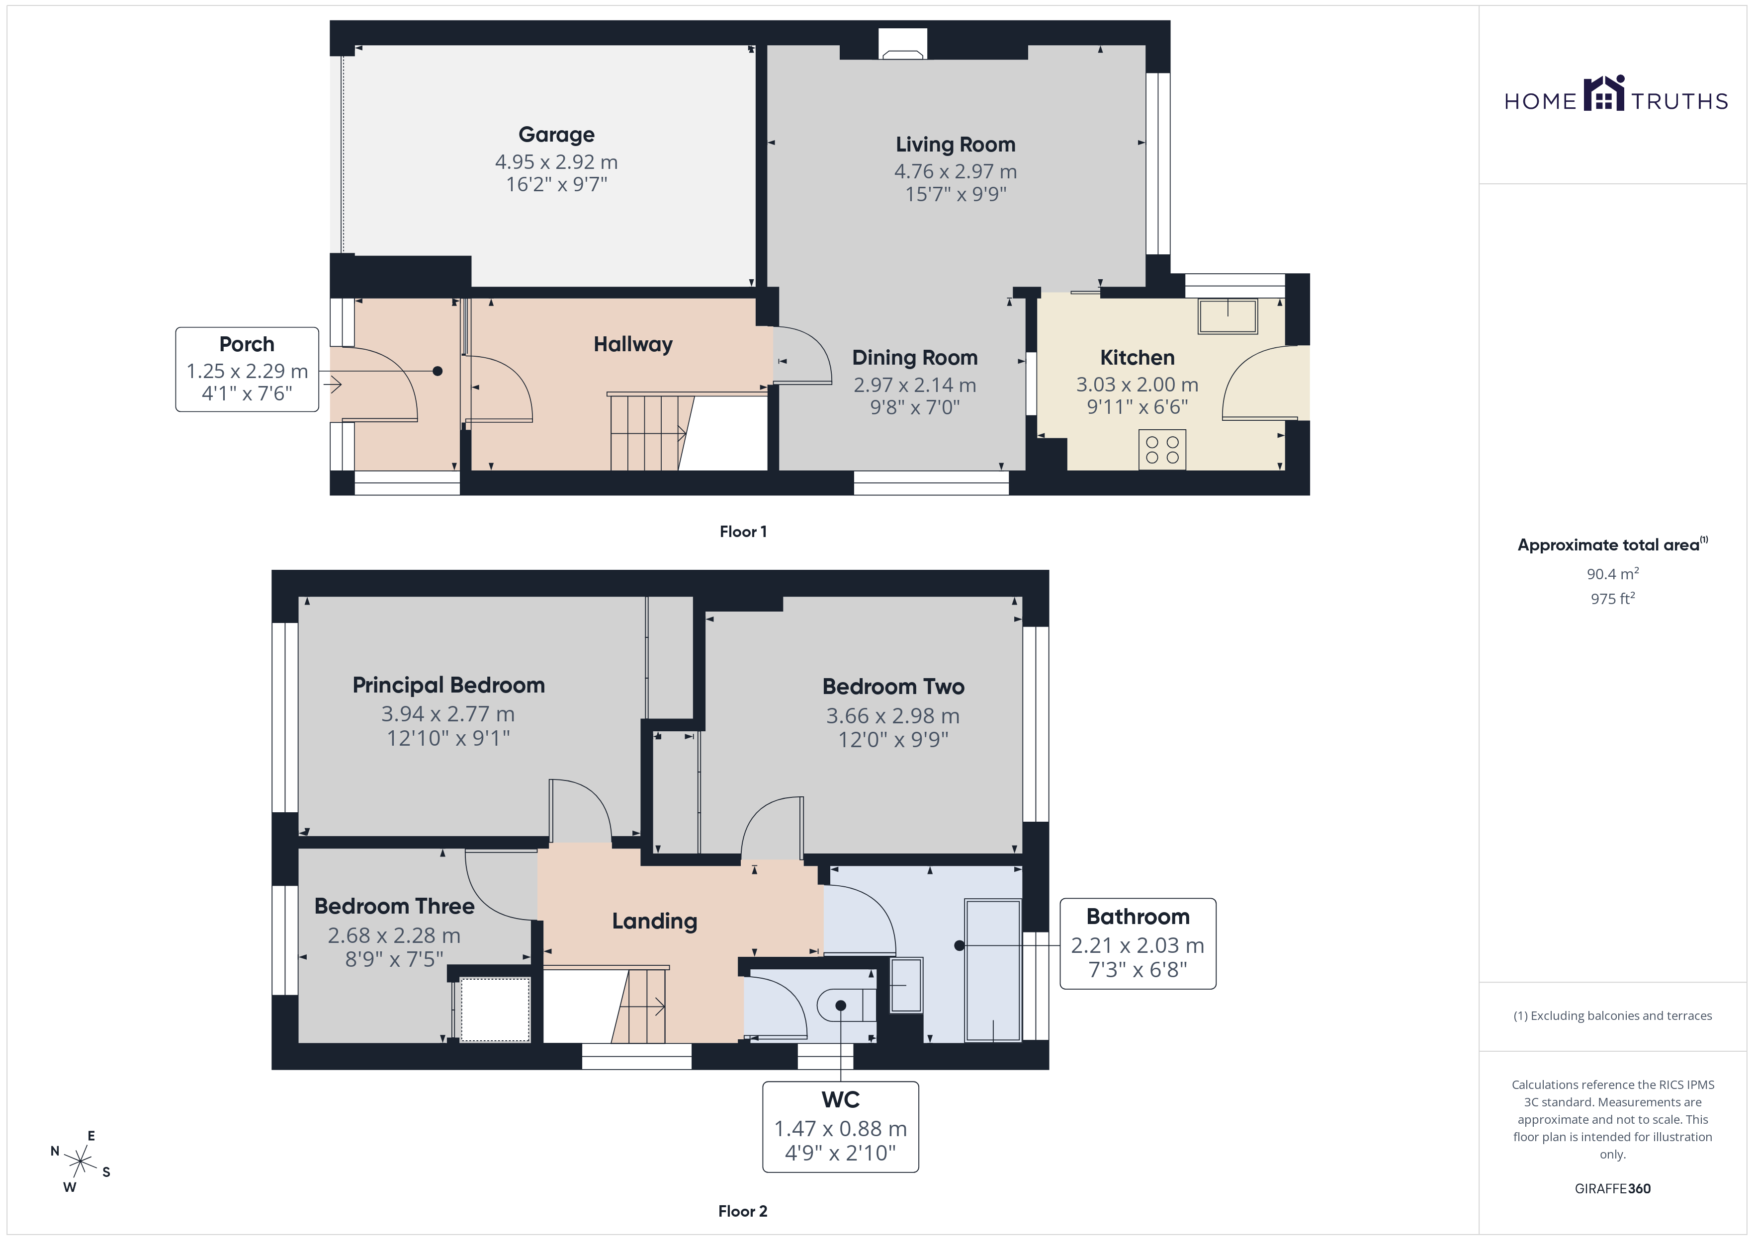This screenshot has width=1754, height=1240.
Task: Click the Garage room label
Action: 556,135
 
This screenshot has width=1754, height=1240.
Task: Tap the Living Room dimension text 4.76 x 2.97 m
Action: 955,172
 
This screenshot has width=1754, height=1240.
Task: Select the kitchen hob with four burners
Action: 1162,450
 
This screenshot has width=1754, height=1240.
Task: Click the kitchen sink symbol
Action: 1228,316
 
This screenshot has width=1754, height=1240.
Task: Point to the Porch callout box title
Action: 247,344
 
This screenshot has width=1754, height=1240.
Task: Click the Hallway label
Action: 633,344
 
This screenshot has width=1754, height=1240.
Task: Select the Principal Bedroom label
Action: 448,686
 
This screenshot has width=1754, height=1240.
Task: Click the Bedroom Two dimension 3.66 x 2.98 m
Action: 892,716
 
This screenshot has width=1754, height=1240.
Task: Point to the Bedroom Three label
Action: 394,906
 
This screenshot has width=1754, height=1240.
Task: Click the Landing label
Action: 655,922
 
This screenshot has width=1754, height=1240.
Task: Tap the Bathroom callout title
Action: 1138,917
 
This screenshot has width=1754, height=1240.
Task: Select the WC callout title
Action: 840,1100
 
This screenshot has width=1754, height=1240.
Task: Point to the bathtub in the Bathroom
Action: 992,970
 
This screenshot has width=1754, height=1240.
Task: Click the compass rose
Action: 80,1162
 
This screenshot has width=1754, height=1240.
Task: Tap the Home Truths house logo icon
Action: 1603,93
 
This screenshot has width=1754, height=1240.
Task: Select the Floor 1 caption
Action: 743,532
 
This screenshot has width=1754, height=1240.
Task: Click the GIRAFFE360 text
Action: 1612,1189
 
